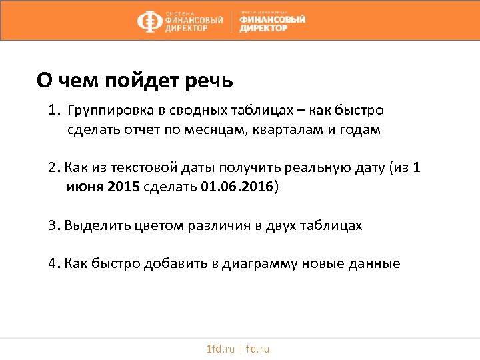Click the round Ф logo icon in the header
149,22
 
